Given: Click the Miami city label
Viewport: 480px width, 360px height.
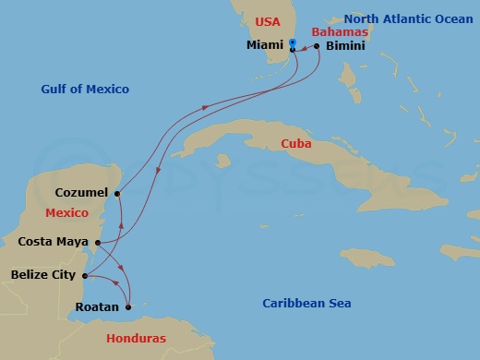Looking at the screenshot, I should pos(264,44).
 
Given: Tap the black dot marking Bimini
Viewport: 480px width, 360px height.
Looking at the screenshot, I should pos(316,45).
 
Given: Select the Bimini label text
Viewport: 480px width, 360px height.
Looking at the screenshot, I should pos(343,44).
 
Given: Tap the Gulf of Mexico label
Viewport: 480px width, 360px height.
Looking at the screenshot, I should pos(85,90).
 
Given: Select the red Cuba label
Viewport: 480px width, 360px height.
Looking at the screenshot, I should pos(296,144).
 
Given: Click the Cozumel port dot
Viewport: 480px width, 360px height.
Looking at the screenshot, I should pos(117,193).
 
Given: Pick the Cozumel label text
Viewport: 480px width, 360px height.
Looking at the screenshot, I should pos(81,193).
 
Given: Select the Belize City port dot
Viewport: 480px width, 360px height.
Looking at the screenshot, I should pos(84,275).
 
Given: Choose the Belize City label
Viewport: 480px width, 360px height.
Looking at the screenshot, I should pos(42,274).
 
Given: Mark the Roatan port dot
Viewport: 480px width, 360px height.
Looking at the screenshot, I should pos(128,306).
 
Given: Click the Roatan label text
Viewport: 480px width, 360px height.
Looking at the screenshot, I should pos(97,306).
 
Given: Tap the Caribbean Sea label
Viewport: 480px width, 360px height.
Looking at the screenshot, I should pos(306,304).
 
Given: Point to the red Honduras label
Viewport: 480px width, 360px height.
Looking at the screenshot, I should pos(137,338).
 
